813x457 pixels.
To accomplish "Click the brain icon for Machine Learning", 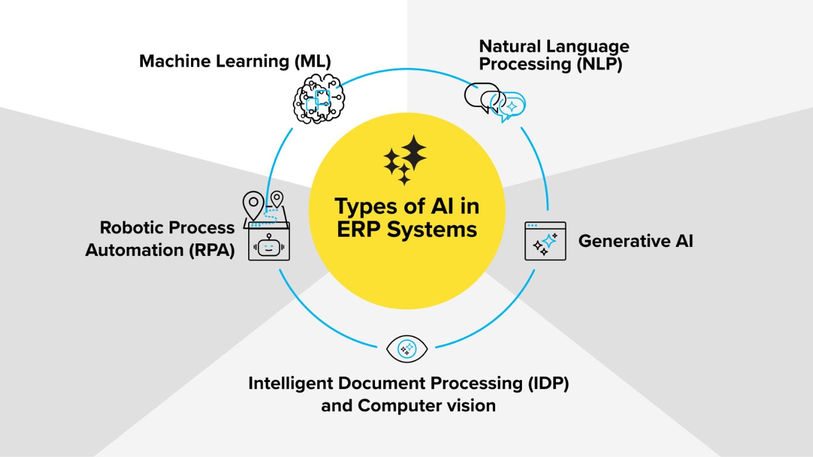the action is click(318, 99).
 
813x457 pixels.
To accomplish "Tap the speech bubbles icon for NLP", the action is click(495, 102).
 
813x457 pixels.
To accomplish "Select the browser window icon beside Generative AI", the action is click(545, 241).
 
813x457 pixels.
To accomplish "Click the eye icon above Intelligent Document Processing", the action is click(407, 349).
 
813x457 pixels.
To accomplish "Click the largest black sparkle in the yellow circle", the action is click(414, 153).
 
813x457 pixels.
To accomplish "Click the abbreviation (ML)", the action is click(312, 61).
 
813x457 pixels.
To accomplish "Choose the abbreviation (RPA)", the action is click(212, 250).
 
